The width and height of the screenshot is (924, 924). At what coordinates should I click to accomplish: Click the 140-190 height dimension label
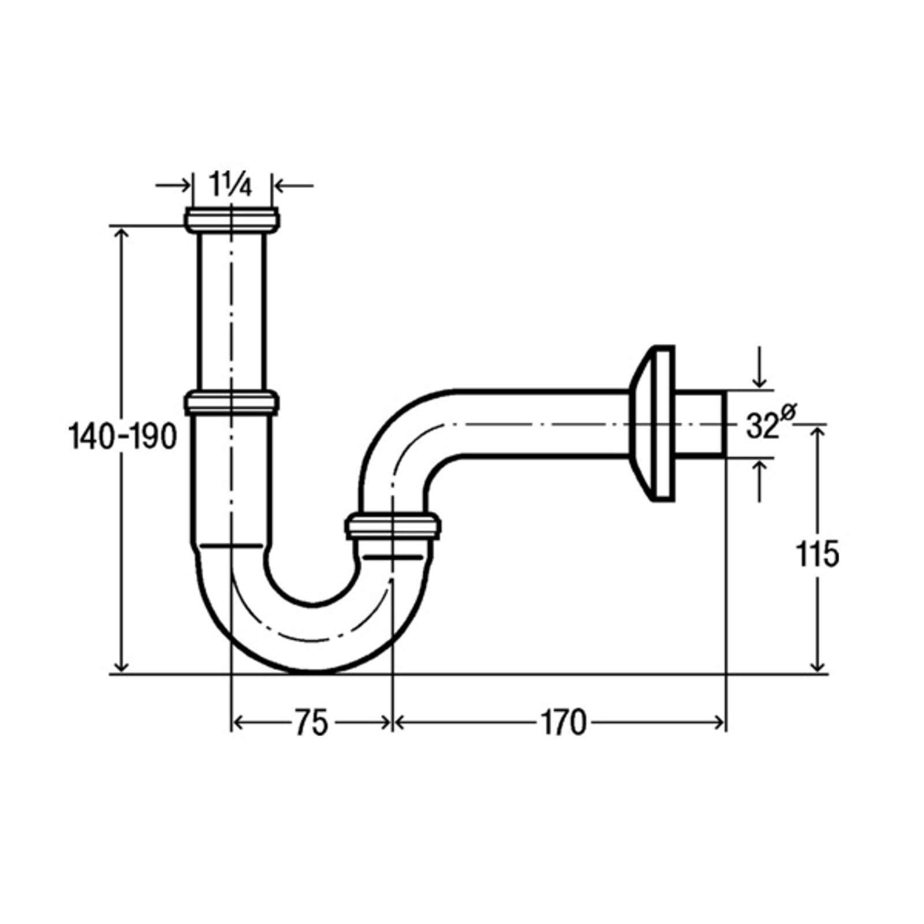pyautogui.click(x=122, y=437)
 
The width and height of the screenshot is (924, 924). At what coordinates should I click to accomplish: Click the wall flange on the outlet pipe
pyautogui.click(x=651, y=423)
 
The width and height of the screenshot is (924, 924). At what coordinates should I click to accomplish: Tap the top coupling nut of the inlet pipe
pyautogui.click(x=232, y=219)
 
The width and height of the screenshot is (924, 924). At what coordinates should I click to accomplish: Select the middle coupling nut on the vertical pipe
pyautogui.click(x=232, y=402)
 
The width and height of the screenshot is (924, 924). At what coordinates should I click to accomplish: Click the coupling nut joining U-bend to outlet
pyautogui.click(x=393, y=526)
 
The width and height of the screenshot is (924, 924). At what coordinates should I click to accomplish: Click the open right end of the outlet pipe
pyautogui.click(x=724, y=424)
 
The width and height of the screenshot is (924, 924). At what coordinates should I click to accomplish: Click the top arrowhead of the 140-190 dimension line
pyautogui.click(x=121, y=233)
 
